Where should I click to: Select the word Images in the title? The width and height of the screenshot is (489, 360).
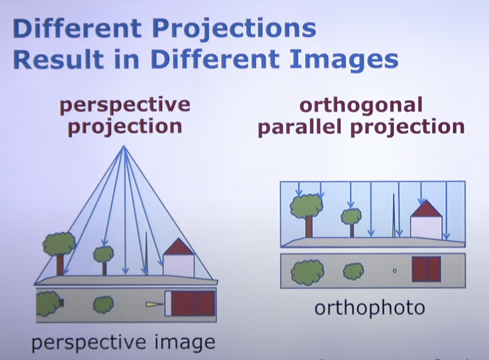(344, 61)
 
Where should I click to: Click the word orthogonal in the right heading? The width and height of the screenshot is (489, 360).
(361, 106)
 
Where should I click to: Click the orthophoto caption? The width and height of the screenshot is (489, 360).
(370, 308)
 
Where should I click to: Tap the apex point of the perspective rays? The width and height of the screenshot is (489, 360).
(124, 146)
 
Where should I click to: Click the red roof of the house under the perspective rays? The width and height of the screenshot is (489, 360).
(179, 247)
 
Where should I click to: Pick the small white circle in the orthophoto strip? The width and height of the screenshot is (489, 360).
(394, 271)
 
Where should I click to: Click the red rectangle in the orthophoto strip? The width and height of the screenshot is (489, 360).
(426, 269)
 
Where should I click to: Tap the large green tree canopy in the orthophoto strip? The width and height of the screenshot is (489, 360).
(307, 272)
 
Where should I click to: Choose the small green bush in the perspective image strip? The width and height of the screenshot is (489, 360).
(103, 305)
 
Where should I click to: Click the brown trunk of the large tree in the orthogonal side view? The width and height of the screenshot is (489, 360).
(309, 227)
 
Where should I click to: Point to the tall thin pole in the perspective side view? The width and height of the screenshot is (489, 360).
(146, 253)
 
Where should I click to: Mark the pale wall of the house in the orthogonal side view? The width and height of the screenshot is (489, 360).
(426, 227)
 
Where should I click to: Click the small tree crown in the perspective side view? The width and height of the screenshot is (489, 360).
(104, 254)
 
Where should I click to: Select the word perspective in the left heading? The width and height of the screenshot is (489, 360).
(125, 105)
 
